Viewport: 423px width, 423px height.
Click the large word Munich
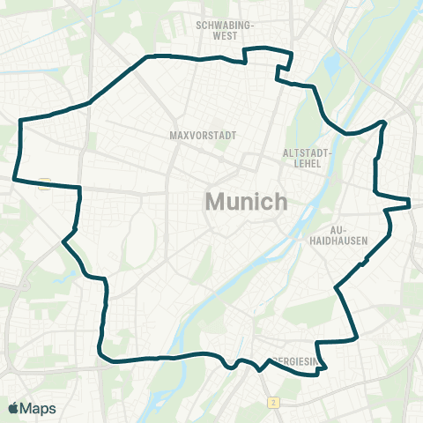[x=246, y=201]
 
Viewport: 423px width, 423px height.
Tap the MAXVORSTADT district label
[x=198, y=136]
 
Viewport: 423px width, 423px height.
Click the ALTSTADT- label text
[x=306, y=152]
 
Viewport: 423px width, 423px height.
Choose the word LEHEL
[x=306, y=164]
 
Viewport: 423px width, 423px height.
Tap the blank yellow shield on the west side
[x=45, y=182]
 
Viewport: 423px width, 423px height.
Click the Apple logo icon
[x=14, y=408]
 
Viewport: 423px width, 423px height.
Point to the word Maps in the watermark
[x=39, y=408]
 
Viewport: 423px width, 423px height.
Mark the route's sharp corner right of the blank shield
[x=80, y=188]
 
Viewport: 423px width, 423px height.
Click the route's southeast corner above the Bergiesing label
[x=355, y=337]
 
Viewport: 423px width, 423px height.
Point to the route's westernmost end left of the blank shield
[x=13, y=177]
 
